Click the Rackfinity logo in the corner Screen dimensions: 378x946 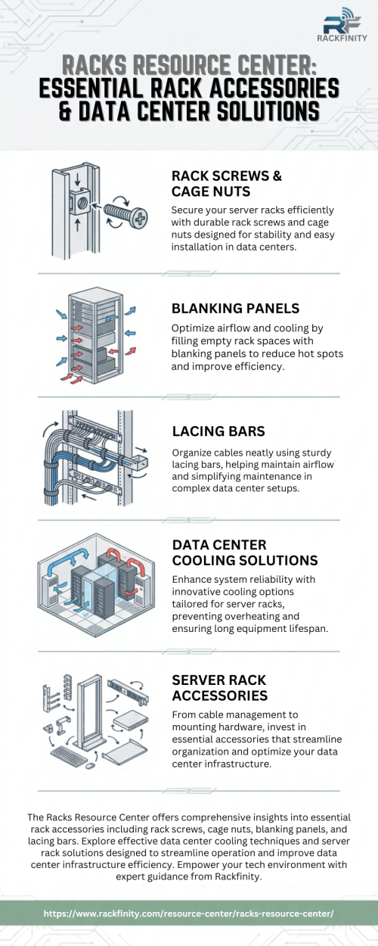(342, 24)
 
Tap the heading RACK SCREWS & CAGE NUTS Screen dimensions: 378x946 (227, 184)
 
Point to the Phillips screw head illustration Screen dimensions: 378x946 (139, 218)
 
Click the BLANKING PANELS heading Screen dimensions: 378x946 (235, 308)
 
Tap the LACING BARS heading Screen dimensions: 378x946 (218, 431)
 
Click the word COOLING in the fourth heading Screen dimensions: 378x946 (201, 561)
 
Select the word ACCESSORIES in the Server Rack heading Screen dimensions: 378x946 (220, 695)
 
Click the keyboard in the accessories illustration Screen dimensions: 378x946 (69, 755)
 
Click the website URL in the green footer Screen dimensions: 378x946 (188, 913)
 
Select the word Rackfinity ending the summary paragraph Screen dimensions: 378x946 (238, 876)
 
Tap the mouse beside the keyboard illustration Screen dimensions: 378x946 (90, 766)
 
